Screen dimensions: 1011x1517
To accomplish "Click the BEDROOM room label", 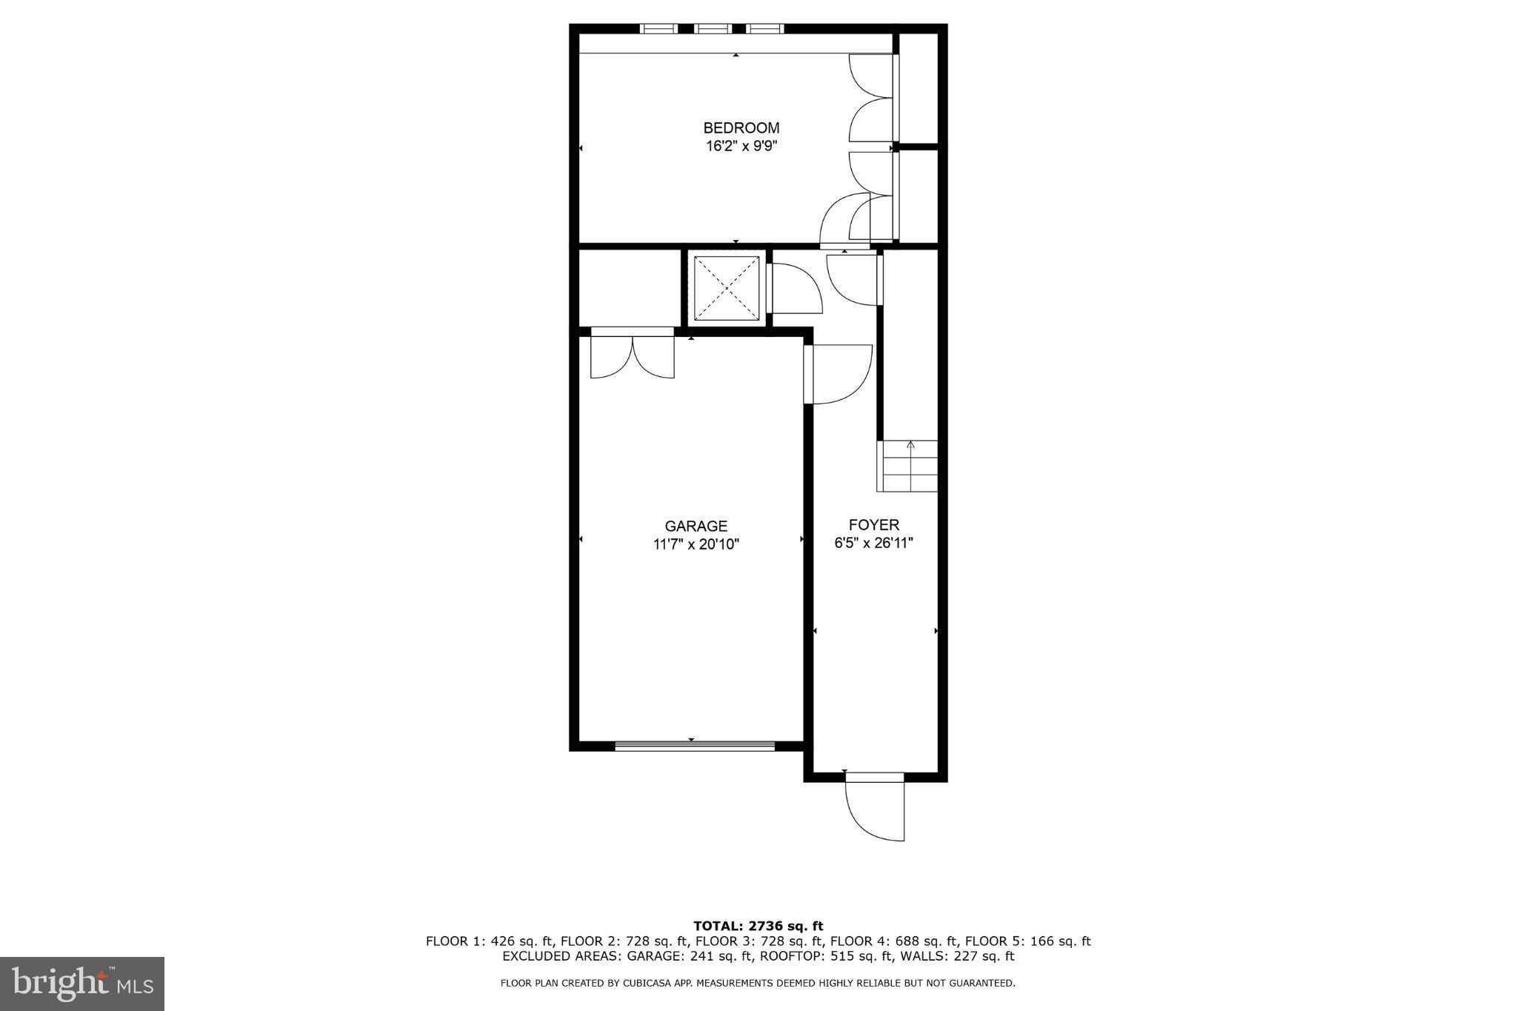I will pyautogui.click(x=741, y=128).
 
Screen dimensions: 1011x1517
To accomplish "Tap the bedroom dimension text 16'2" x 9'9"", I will pyautogui.click(x=741, y=146).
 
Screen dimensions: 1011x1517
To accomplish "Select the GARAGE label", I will pyautogui.click(x=696, y=526).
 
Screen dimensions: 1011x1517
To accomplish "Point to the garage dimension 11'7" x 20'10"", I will pyautogui.click(x=696, y=544).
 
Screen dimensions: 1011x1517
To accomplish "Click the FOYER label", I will pyautogui.click(x=873, y=525).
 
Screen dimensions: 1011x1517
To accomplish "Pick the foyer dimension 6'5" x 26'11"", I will pyautogui.click(x=873, y=543).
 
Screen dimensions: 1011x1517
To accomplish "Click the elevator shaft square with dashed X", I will pyautogui.click(x=726, y=288).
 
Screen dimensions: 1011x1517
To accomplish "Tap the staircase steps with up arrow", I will pyautogui.click(x=908, y=467).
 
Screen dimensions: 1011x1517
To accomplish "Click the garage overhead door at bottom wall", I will pyautogui.click(x=695, y=746).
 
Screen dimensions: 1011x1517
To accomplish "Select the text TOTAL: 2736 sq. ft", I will pyautogui.click(x=758, y=926).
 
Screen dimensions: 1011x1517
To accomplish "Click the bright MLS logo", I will pyautogui.click(x=82, y=984).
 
